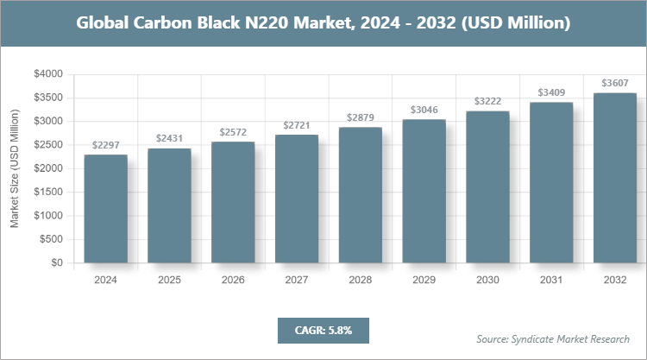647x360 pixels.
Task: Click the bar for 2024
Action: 105,208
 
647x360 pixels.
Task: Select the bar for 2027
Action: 296,199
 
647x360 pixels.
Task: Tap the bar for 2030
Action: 487,186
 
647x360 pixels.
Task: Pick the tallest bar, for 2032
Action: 615,177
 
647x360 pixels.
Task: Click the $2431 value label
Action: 169,138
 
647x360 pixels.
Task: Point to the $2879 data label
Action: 360,117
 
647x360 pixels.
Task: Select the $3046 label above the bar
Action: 424,110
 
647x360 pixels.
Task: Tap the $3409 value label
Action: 551,92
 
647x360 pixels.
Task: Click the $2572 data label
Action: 233,131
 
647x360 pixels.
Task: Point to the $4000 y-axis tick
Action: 49,74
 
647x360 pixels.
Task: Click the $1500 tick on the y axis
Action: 49,192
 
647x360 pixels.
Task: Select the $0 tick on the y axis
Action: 56,262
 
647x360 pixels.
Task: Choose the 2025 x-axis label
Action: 169,280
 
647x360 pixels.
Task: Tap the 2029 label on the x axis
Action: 424,280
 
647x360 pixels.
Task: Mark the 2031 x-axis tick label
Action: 551,280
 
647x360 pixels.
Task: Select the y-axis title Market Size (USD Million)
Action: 15,168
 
